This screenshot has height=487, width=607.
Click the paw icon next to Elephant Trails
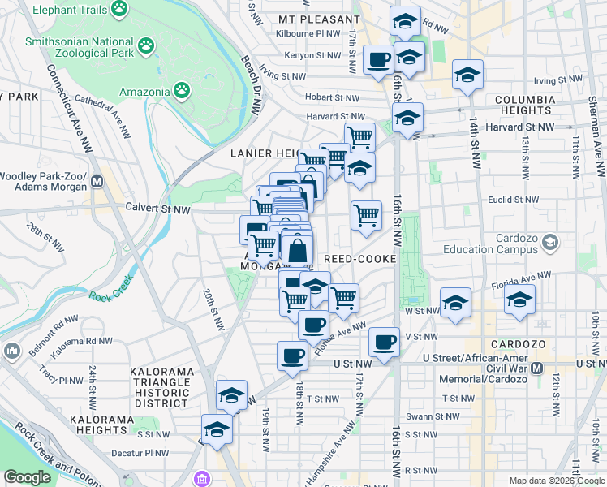click(x=120, y=9)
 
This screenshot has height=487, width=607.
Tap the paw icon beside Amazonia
click(x=184, y=92)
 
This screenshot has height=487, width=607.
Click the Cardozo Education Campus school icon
click(x=551, y=243)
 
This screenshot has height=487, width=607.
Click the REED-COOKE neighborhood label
click(x=359, y=259)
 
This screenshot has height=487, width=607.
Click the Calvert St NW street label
click(x=157, y=209)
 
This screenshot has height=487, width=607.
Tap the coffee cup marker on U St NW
click(x=292, y=355)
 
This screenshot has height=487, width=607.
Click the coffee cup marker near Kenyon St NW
click(x=379, y=59)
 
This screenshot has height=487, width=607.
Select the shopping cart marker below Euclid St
click(x=366, y=215)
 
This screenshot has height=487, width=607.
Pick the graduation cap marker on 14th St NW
click(x=467, y=75)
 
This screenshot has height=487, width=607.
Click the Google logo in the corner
click(x=27, y=477)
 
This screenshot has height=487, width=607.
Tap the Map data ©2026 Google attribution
click(x=557, y=481)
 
